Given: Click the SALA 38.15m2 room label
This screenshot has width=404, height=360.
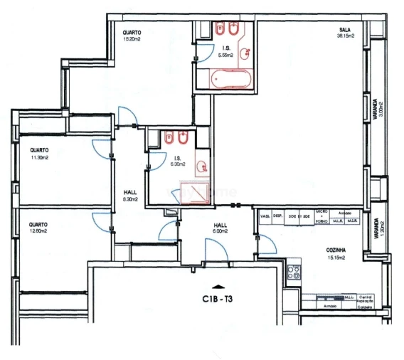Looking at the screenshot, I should tap(346, 32).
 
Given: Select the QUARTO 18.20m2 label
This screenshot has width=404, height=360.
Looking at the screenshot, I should tap(132, 36).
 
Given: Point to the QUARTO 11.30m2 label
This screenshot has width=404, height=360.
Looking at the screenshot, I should tap(38, 154).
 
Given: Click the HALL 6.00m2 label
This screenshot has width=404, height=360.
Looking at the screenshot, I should tap(220, 228).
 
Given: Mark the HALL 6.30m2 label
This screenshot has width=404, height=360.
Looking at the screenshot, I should tap(129, 196).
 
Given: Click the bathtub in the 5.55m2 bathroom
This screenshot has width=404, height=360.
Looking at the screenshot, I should tap(227, 78).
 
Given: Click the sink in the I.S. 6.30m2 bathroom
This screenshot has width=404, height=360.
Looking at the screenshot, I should tap(203, 167).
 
